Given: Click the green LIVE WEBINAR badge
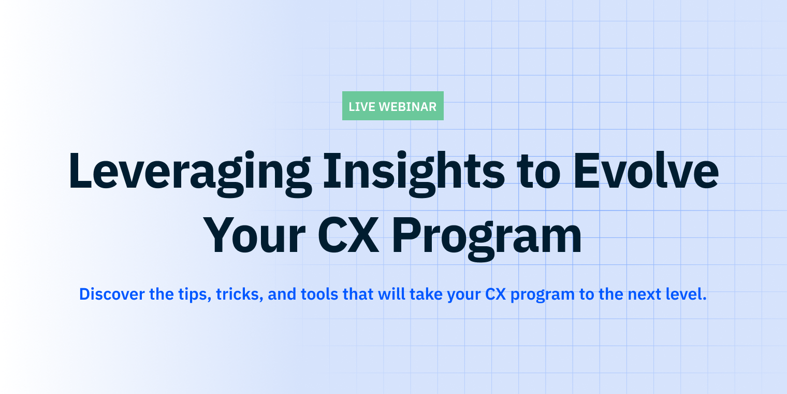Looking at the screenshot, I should pos(392,106).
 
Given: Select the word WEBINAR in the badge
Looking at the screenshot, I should pos(407,107).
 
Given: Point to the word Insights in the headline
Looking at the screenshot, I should pos(413,171).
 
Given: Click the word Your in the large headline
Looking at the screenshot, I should pos(255,236).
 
